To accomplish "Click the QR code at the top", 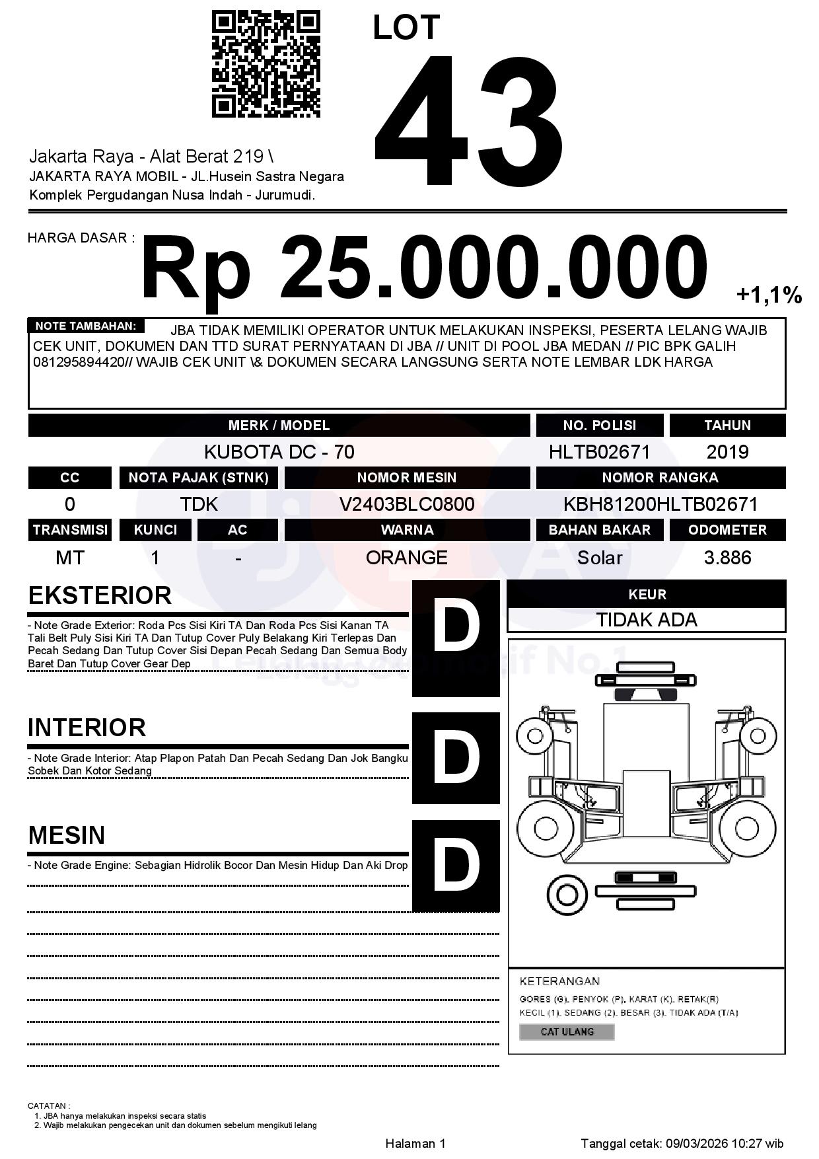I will (x=266, y=64).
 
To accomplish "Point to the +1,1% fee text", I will (x=769, y=295).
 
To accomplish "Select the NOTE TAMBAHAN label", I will (x=85, y=326).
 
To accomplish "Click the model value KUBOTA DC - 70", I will (x=279, y=452).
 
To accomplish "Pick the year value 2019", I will (x=727, y=452).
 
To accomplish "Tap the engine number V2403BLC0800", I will (x=407, y=504).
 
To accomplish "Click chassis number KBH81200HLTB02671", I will (x=660, y=504).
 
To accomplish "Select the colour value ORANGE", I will (x=407, y=558).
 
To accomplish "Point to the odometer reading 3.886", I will (x=727, y=558).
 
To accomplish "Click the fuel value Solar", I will (x=599, y=558).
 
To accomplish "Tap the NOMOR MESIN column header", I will (x=407, y=478).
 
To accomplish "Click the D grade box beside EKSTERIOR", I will (x=456, y=638).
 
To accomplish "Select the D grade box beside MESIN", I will (x=456, y=866).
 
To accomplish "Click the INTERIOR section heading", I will (x=87, y=728).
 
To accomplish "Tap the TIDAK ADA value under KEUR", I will (x=647, y=620).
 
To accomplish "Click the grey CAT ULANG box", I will (x=567, y=1031).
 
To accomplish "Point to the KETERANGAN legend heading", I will (x=559, y=981).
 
